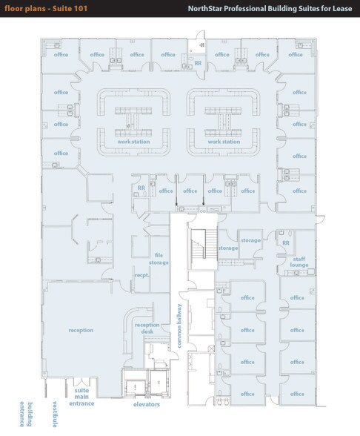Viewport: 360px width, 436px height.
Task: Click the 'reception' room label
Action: click(81, 330)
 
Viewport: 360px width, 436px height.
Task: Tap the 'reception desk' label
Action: click(147, 328)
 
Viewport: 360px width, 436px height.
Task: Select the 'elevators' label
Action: click(147, 404)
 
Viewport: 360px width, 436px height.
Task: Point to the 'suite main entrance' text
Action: click(81, 397)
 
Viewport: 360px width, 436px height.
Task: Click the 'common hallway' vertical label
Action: click(179, 326)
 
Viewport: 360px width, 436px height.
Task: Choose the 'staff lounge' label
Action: click(299, 262)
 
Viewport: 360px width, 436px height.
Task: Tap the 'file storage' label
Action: click(159, 259)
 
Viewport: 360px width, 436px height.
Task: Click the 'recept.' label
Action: click(141, 275)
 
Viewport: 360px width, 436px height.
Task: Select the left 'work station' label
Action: click(133, 142)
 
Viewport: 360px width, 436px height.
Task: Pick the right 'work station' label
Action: click(224, 142)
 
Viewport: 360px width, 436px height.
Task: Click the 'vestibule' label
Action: click(56, 414)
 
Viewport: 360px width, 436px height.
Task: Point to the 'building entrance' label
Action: click(26, 414)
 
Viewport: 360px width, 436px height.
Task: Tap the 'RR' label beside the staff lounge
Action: click(286, 243)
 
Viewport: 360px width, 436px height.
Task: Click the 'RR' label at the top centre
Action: click(198, 64)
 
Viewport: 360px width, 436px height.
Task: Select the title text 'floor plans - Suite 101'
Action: click(46, 8)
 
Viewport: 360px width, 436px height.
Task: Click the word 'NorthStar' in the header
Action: click(205, 9)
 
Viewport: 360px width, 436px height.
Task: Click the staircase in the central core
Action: click(204, 245)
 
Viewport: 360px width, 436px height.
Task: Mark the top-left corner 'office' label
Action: click(61, 55)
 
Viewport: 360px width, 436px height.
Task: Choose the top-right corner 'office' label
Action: click(296, 55)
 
